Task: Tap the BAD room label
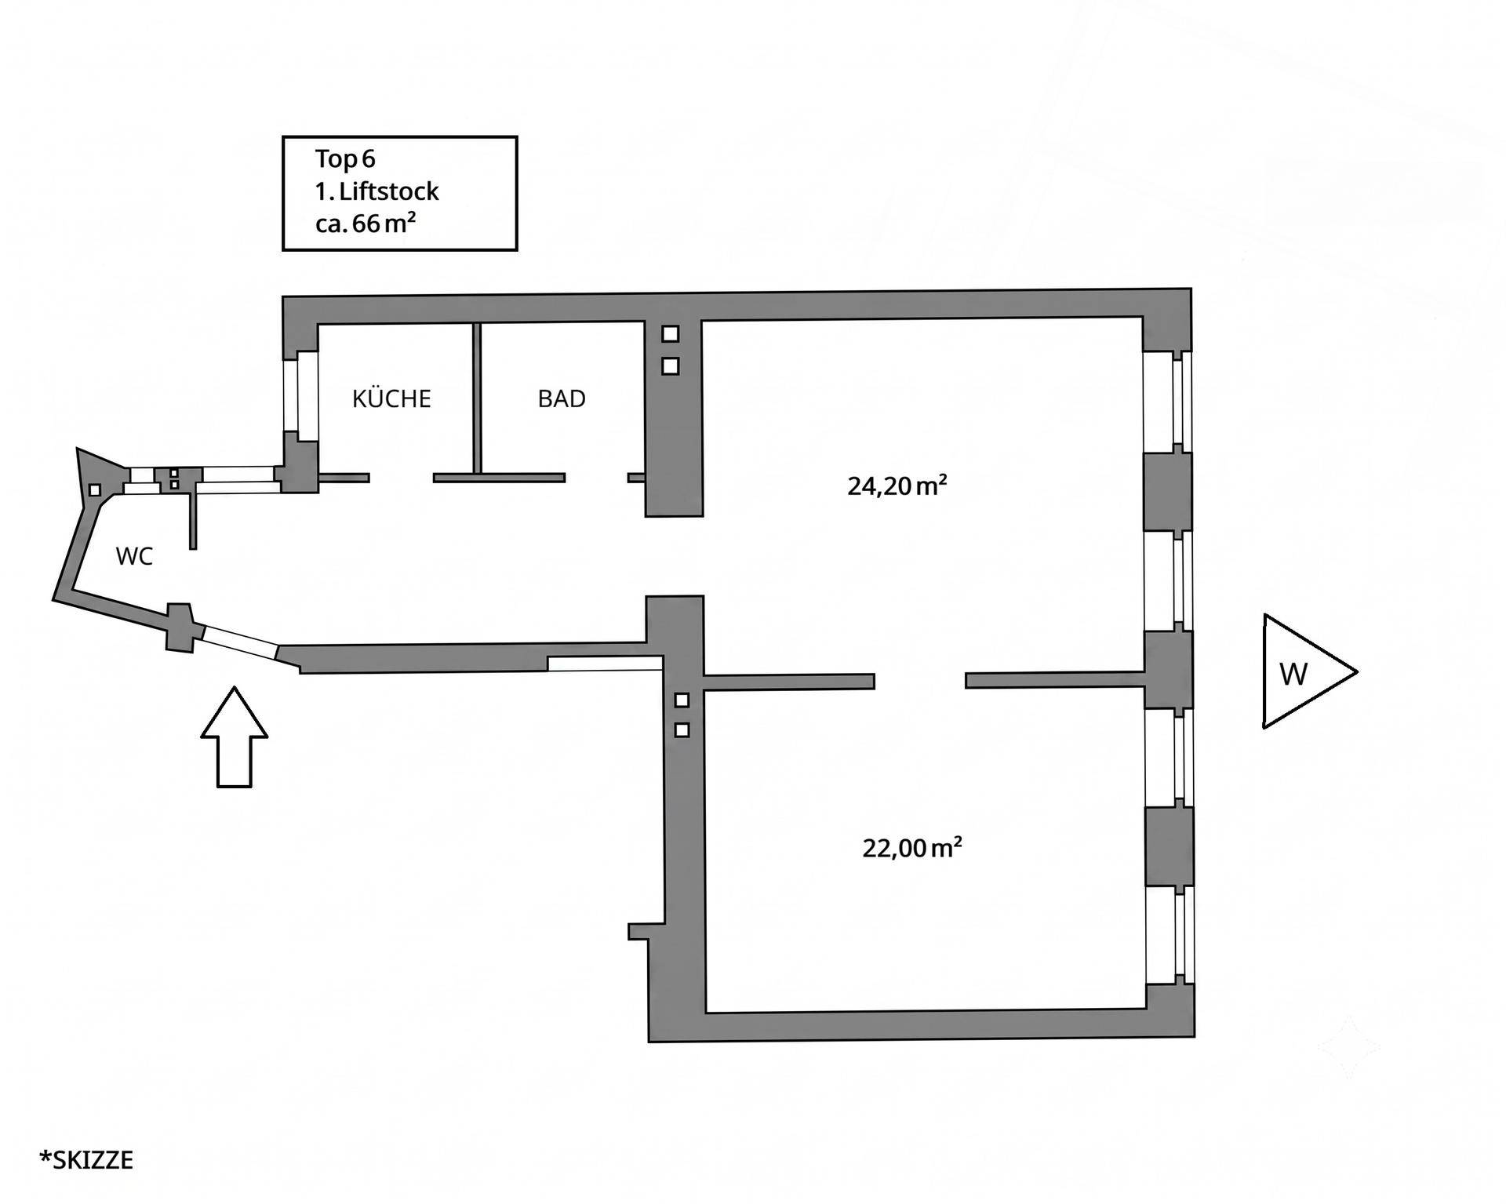(562, 398)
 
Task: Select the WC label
(134, 556)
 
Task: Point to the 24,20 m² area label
(897, 486)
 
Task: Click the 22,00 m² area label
(912, 847)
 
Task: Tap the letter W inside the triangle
(1293, 674)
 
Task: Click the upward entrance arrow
(235, 737)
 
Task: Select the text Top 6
(345, 158)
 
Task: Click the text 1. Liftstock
(376, 191)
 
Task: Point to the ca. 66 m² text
(365, 224)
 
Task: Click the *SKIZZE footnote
(86, 1159)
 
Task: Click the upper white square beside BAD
(670, 333)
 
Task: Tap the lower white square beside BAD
(670, 366)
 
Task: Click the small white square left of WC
(94, 489)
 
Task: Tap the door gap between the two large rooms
(919, 680)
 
